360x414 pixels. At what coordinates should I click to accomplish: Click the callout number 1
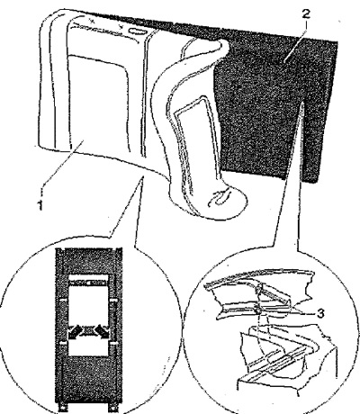click(40, 205)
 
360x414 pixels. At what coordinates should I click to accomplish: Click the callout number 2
click(306, 13)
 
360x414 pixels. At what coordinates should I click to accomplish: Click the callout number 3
click(320, 313)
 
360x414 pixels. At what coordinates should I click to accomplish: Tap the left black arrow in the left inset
click(74, 332)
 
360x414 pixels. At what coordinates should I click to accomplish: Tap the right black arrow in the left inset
click(101, 332)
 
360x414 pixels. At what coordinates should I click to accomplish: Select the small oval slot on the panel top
click(138, 31)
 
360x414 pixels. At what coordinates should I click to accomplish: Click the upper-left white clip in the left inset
click(63, 300)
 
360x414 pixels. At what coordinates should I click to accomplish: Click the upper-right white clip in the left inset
click(113, 300)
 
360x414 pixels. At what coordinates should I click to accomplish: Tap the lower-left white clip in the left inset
click(63, 343)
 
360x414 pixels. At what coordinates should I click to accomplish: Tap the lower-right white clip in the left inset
click(113, 343)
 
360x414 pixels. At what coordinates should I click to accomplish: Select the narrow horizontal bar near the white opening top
click(88, 283)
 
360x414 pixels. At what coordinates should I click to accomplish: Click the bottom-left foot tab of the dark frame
click(62, 408)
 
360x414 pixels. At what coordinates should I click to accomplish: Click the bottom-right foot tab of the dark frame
click(112, 408)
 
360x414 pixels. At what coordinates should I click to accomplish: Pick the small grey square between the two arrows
click(87, 331)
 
